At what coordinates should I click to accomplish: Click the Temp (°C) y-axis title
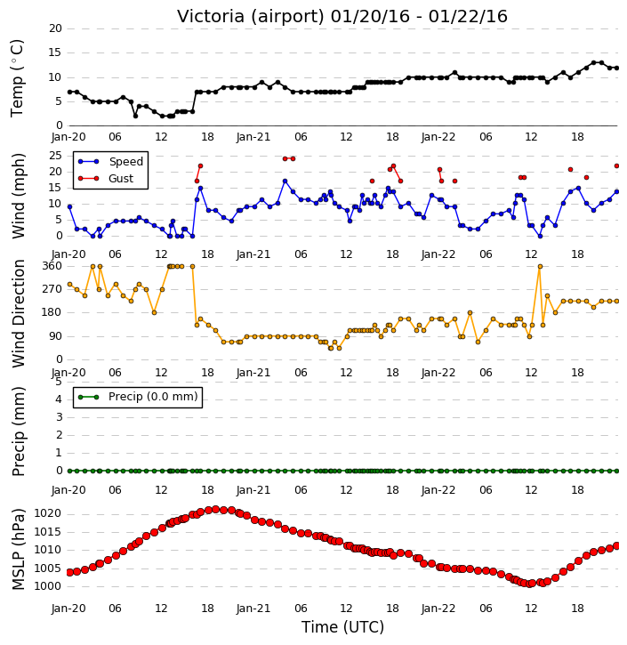coord(17,78)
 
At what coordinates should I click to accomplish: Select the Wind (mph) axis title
coord(18,196)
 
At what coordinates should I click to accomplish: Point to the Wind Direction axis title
coord(19,313)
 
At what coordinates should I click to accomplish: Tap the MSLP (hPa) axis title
coord(18,550)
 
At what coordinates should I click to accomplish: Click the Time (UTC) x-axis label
coord(342,627)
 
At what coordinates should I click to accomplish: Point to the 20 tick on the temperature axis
coord(55,28)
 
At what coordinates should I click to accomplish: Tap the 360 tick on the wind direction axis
coord(52,266)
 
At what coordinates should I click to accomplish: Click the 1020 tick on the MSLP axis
coord(47,513)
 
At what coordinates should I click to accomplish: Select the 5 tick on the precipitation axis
coord(59,382)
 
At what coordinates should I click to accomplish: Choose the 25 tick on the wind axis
coord(55,156)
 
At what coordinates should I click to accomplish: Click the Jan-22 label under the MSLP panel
coord(438,608)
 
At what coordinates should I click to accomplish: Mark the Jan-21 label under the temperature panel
coord(253,137)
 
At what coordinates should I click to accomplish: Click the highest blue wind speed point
coord(285,181)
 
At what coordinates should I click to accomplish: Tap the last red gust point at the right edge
coord(616,165)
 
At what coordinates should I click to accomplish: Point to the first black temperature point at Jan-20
coord(69,92)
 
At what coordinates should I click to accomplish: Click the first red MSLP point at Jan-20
coord(69,572)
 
